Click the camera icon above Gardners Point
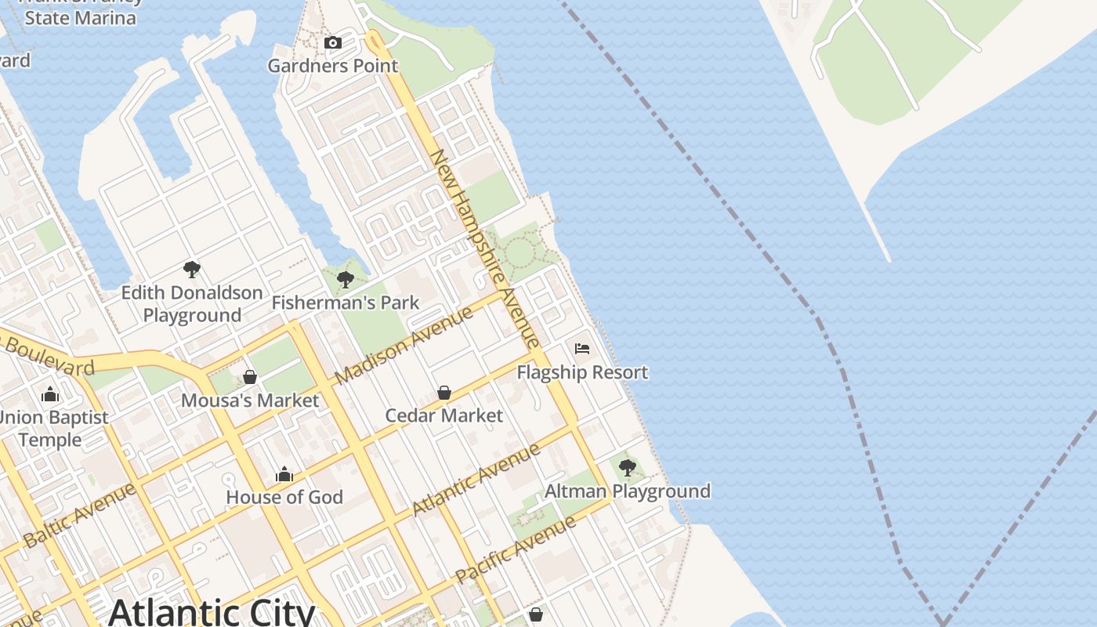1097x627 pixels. click(x=333, y=43)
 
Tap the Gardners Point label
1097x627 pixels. click(x=333, y=66)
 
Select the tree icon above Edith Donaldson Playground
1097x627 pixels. click(x=191, y=270)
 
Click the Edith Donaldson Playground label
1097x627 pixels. click(x=192, y=304)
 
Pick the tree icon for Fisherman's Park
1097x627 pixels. click(x=345, y=280)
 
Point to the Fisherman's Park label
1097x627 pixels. click(x=346, y=303)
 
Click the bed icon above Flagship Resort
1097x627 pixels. click(x=581, y=349)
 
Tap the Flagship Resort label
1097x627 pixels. click(x=582, y=372)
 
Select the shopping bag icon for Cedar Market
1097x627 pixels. click(x=444, y=393)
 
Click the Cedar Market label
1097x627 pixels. click(x=444, y=415)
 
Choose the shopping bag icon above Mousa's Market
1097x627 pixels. click(x=250, y=378)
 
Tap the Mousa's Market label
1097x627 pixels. click(x=250, y=400)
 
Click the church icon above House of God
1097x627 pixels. click(x=284, y=474)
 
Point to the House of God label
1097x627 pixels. click(x=284, y=497)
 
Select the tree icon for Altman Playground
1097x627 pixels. click(x=627, y=469)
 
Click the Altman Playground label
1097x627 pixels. click(x=628, y=491)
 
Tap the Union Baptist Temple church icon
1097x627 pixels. click(x=50, y=394)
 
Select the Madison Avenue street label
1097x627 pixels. click(x=404, y=345)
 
